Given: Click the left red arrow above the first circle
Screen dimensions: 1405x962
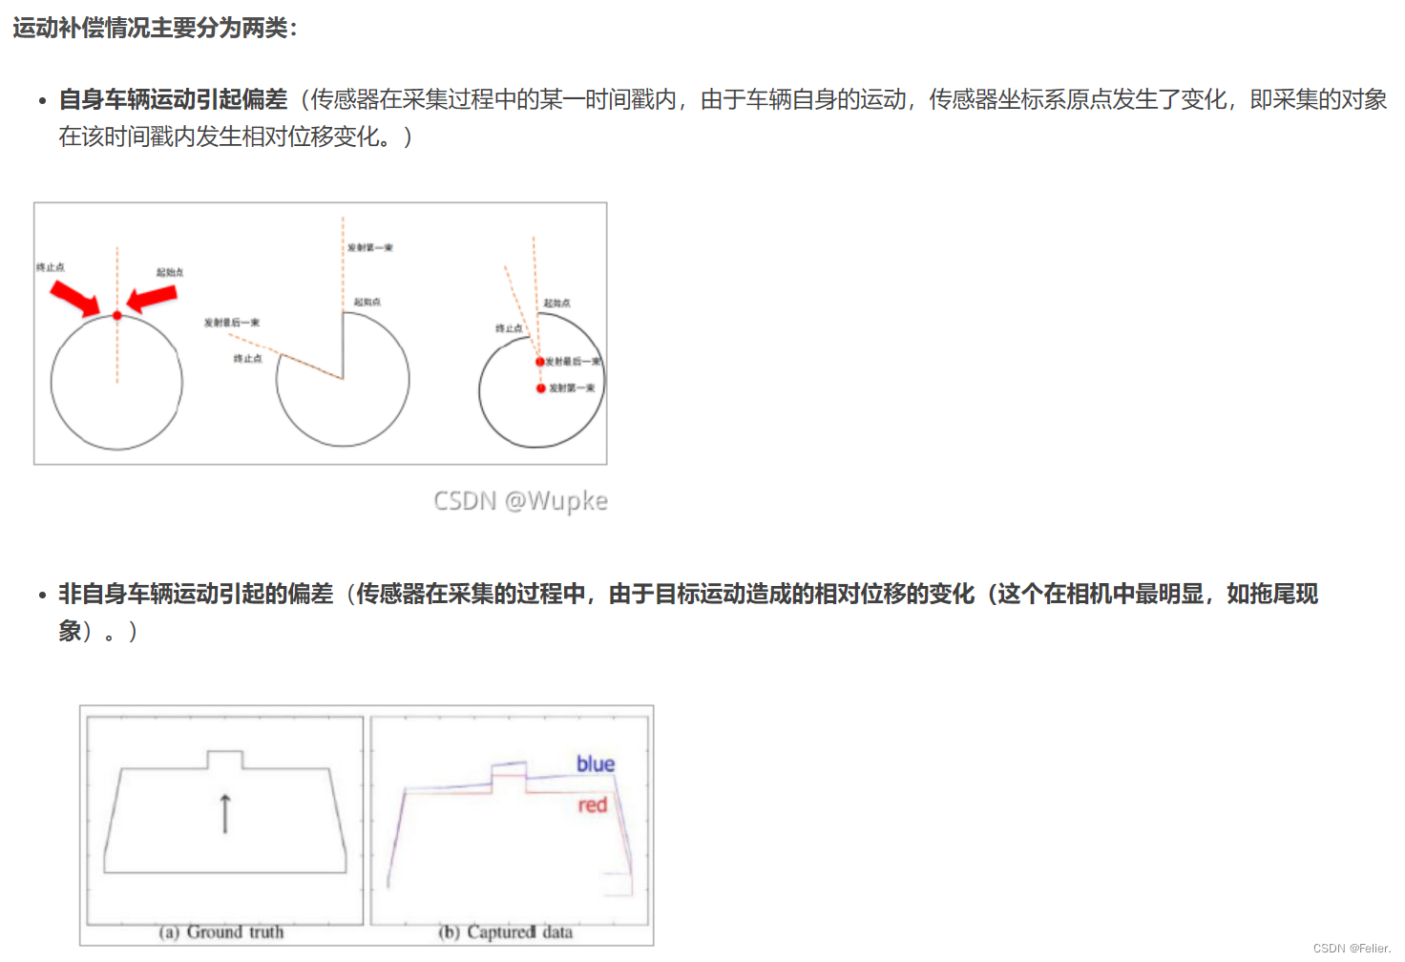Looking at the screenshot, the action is click(x=75, y=298).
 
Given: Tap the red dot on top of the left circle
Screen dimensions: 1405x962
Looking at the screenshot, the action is click(x=117, y=315).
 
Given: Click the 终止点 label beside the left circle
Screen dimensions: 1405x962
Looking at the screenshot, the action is click(x=51, y=267).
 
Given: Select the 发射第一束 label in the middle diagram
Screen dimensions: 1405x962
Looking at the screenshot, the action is click(x=370, y=247).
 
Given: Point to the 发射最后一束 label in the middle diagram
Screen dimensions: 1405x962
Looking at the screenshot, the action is click(x=232, y=323).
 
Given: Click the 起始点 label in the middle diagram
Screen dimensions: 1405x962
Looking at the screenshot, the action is click(x=367, y=302).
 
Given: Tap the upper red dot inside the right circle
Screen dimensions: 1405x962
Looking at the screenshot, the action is click(x=540, y=362).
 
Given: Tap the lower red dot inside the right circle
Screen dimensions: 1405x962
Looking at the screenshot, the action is click(x=541, y=388).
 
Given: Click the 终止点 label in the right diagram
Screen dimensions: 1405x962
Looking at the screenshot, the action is click(x=509, y=328).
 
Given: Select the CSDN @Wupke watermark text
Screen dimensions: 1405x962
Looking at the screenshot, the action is click(x=520, y=501).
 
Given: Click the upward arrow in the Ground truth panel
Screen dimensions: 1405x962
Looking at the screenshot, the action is click(x=225, y=813).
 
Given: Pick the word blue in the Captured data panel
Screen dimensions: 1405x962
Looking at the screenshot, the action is click(x=596, y=763).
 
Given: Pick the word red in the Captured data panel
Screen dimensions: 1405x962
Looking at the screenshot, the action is click(x=593, y=805).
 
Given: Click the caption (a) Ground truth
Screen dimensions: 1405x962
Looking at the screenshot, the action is click(x=221, y=932).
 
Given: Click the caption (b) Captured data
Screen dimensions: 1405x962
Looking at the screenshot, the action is click(x=506, y=932).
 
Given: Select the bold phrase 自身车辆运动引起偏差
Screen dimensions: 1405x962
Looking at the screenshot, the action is click(x=173, y=99).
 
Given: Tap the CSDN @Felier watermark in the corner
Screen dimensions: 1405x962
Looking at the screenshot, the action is click(x=1352, y=949).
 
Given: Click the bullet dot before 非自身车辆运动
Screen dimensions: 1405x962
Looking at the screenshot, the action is click(x=42, y=596).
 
